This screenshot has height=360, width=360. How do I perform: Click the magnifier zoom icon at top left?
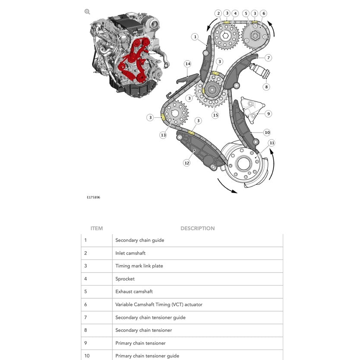coord(87,12)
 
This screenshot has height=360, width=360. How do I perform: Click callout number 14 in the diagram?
coord(187,64)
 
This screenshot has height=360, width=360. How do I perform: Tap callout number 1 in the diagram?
coord(195,37)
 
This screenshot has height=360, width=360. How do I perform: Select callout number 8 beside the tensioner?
coord(266,87)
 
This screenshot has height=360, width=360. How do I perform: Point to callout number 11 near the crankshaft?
coord(271,143)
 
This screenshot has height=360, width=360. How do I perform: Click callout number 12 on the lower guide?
coord(186,163)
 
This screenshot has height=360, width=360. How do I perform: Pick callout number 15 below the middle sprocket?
coord(215,115)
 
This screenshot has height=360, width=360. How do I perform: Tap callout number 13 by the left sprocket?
coord(163,135)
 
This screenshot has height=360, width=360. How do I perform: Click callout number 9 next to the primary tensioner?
coord(268,114)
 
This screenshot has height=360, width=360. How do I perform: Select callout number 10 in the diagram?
coord(267,133)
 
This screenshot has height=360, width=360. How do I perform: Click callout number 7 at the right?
coord(268,57)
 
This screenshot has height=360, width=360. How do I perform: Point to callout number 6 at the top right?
coord(264,13)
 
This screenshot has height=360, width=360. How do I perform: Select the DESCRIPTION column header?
coord(197,228)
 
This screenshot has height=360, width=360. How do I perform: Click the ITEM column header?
coord(97,228)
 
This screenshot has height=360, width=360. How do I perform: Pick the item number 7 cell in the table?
coord(85,317)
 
